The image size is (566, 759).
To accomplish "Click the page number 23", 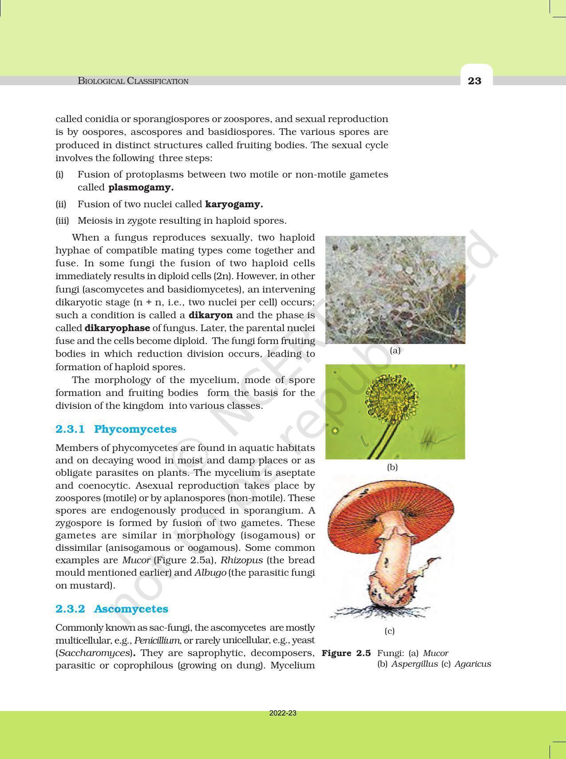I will click(475, 81).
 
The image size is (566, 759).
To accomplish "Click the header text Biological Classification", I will click(133, 81).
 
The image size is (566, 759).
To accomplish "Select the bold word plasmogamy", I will click(141, 187).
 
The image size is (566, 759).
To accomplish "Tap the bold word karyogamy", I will click(234, 204).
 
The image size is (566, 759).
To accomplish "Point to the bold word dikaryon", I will click(210, 315).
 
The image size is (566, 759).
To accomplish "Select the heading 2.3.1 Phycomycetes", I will click(116, 429).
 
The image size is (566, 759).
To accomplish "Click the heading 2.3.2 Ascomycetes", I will click(112, 609).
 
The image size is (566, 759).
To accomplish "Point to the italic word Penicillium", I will click(157, 640).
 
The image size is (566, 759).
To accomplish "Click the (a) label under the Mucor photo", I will click(395, 351).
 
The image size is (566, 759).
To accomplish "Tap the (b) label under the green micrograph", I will click(392, 467).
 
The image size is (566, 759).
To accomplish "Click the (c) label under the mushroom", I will click(390, 631).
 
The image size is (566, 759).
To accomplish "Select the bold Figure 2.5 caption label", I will click(346, 653).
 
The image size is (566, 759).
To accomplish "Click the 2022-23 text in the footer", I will click(283, 713).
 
